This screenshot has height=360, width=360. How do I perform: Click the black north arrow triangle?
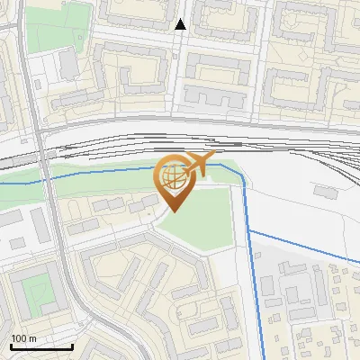pyautogui.click(x=180, y=24)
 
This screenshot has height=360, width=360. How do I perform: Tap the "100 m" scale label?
pyautogui.click(x=23, y=338)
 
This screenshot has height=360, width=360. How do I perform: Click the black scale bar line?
pyautogui.click(x=41, y=346)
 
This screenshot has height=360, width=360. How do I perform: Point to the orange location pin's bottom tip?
pyautogui.click(x=175, y=211)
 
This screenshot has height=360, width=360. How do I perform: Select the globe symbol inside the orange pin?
pyautogui.click(x=174, y=178)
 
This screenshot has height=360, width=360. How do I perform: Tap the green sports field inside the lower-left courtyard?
pyautogui.click(x=35, y=291)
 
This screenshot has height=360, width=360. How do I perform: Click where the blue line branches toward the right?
pyautogui.click(x=248, y=231)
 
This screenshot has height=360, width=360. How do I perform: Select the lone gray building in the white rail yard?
pyautogui.click(x=323, y=192)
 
